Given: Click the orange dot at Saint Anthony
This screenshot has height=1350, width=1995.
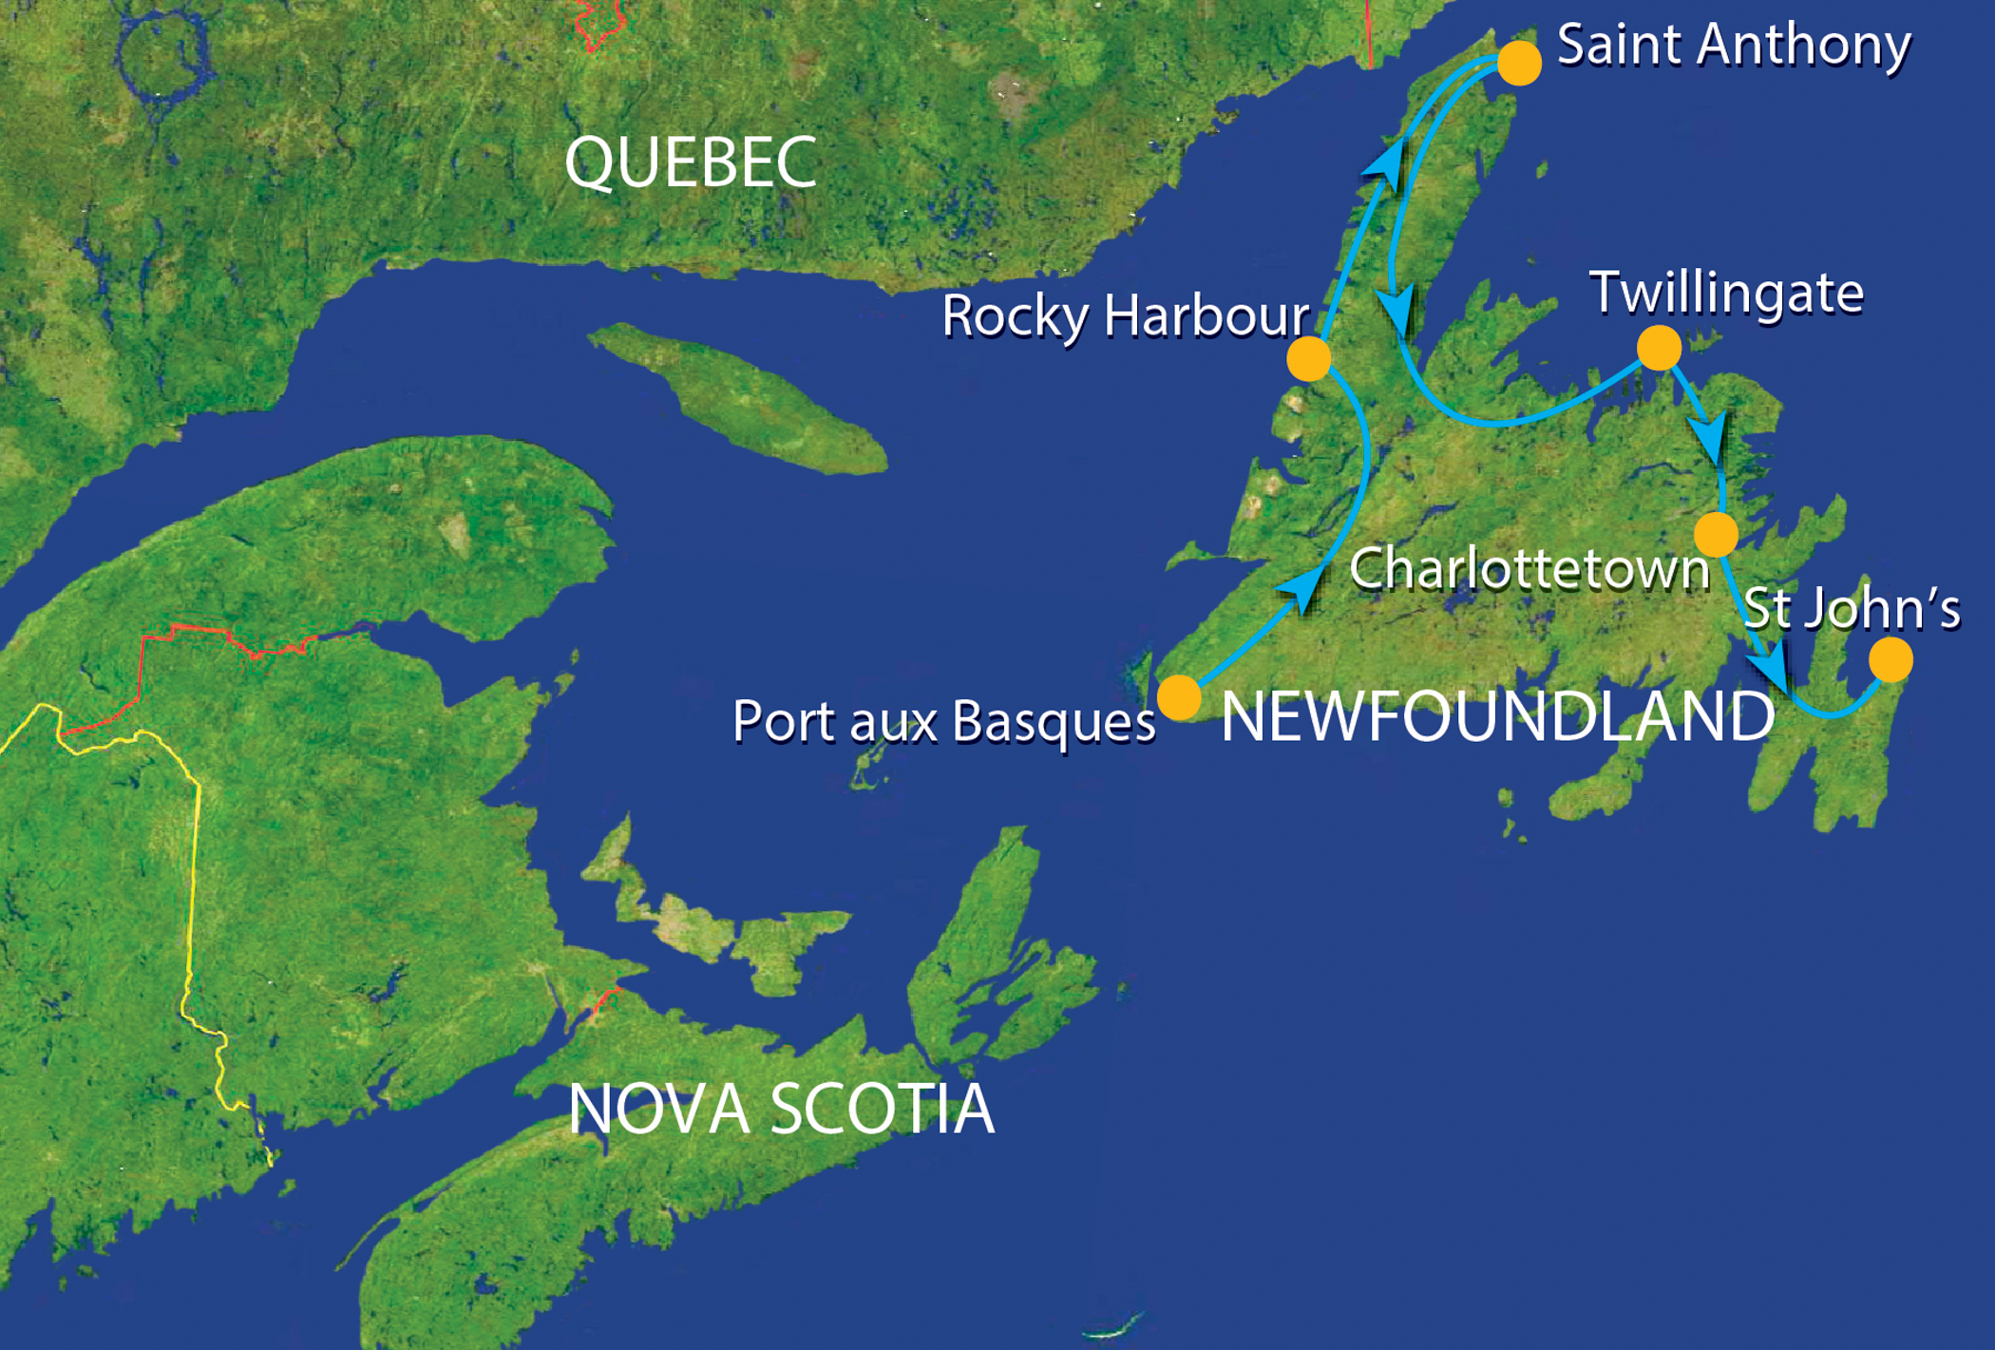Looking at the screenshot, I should (1519, 63).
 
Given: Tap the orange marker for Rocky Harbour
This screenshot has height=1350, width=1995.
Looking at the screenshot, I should (1308, 359).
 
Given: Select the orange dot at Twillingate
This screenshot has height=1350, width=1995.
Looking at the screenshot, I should (1659, 348).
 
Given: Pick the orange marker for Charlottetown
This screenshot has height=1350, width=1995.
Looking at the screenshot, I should (1716, 534).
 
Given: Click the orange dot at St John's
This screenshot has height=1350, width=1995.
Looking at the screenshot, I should (1890, 660).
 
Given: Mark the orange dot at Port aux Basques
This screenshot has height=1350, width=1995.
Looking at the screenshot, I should (1179, 698).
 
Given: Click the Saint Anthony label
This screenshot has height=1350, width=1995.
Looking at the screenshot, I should (1734, 45).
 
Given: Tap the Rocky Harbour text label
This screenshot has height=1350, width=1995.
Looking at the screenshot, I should (1126, 315).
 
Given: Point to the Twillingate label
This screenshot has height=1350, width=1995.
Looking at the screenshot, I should (1726, 293).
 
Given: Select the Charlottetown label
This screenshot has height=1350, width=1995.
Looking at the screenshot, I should (1529, 569).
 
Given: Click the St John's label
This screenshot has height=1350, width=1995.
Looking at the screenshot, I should (1852, 608).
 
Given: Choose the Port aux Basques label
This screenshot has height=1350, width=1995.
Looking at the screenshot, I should (944, 721).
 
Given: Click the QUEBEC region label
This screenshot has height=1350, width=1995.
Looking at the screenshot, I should (691, 162).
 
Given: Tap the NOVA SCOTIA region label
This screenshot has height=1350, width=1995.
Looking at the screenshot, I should (781, 1109).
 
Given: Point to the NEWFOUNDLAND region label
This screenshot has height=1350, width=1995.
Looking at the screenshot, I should (1497, 716).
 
